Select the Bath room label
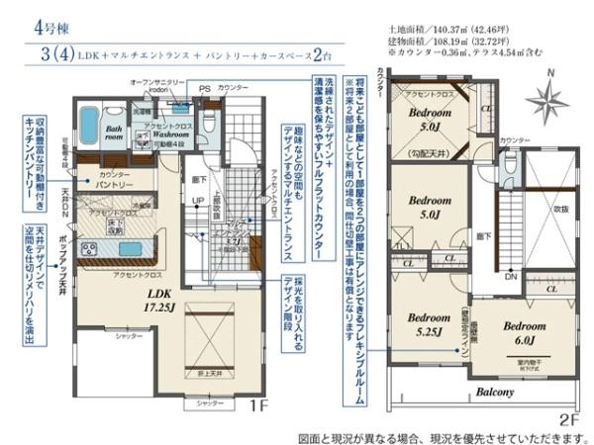click(115, 133)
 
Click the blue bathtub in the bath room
click(88, 126)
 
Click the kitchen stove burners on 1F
click(89, 248)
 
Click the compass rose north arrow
click(546, 101)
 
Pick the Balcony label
click(491, 392)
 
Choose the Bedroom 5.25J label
click(430, 325)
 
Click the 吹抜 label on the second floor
click(559, 210)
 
